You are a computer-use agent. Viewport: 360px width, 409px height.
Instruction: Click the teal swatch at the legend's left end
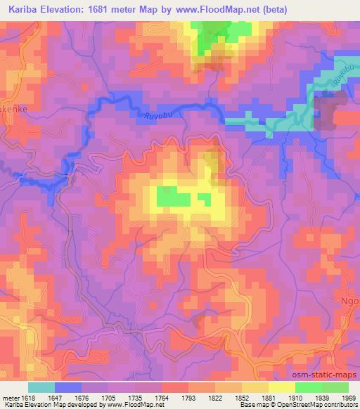pos(41,387)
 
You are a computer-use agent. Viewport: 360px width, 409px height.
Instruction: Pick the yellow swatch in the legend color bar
pos(281,387)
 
